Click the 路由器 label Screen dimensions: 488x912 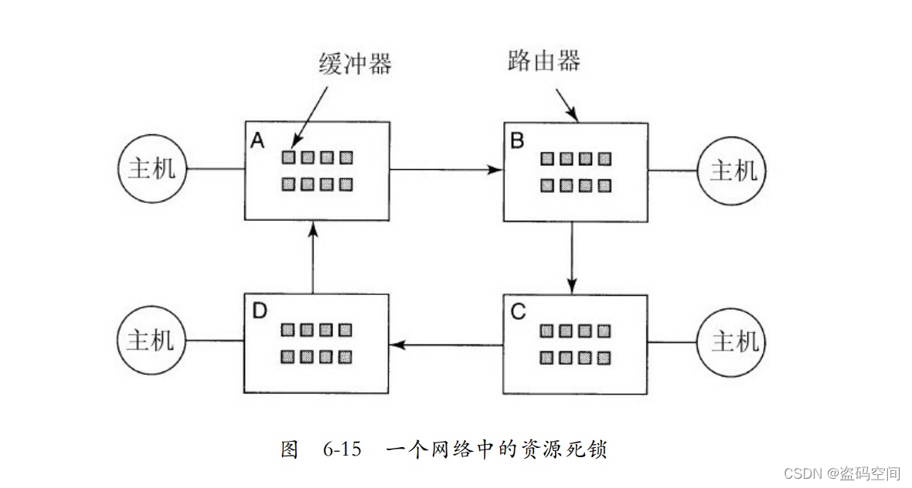pyautogui.click(x=544, y=60)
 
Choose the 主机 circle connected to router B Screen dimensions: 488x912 pyautogui.click(x=733, y=171)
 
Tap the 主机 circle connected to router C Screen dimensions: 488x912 pyautogui.click(x=733, y=341)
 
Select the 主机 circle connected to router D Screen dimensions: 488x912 pyautogui.click(x=151, y=341)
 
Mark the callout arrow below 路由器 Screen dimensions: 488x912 pyautogui.click(x=567, y=108)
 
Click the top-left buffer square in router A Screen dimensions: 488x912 pyautogui.click(x=288, y=158)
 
